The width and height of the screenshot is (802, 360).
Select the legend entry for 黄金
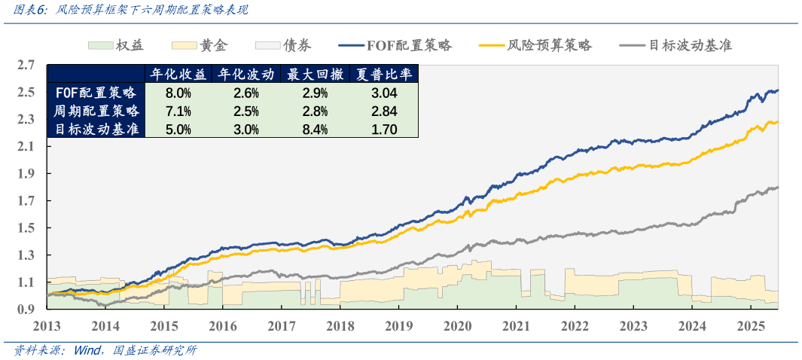click(200, 45)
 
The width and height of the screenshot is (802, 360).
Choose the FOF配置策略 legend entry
click(395, 45)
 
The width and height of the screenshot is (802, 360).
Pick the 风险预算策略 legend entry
click(535, 45)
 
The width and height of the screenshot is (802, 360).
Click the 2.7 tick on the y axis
click(26, 66)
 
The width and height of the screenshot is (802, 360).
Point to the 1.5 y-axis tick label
click(26, 228)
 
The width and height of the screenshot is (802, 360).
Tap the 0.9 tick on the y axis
click(26, 310)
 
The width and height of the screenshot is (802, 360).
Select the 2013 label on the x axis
click(47, 325)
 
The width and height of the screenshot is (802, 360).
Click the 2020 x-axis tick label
click(456, 325)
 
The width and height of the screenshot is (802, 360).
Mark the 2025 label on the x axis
click(749, 325)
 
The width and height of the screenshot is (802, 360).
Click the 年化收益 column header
click(178, 75)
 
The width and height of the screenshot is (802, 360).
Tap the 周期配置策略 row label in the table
click(96, 111)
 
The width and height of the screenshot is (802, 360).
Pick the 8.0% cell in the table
click(178, 93)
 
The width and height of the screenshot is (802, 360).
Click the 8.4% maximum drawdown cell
click(315, 130)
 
